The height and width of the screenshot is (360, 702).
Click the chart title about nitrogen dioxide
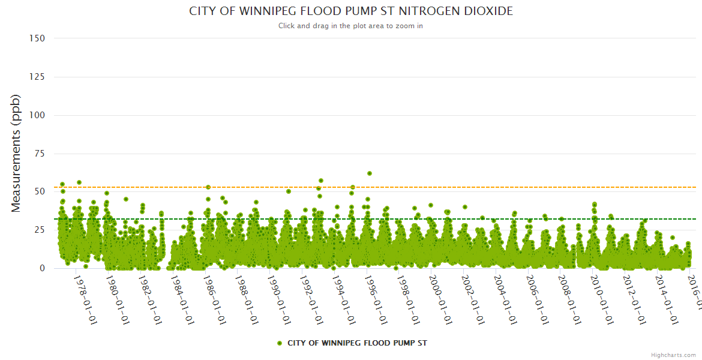[351, 11]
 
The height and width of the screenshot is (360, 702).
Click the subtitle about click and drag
[351, 26]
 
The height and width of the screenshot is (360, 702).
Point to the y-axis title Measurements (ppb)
[16, 153]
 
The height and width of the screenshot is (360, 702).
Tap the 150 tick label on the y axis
[37, 38]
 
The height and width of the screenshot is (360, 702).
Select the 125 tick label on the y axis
[37, 77]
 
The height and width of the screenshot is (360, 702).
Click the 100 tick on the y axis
[37, 115]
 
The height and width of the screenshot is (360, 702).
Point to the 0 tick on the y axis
[42, 268]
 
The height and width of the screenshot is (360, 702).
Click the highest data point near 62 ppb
[370, 173]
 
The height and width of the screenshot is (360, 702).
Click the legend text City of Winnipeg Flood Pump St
[357, 343]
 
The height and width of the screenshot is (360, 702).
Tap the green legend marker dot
[279, 343]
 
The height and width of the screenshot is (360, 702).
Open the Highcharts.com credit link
[673, 355]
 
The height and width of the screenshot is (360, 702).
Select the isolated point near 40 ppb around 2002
[465, 207]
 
